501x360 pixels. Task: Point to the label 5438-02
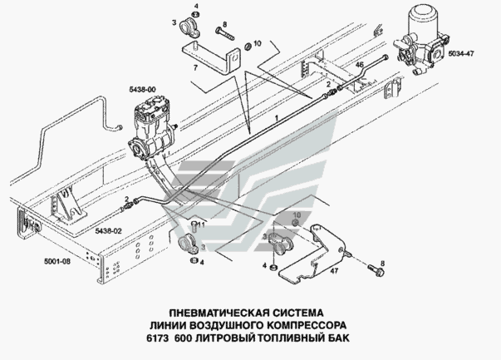tap(108, 229)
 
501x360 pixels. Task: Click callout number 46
tap(360, 64)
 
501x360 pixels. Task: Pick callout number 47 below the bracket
tap(335, 270)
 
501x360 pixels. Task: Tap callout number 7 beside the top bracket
tap(194, 66)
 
